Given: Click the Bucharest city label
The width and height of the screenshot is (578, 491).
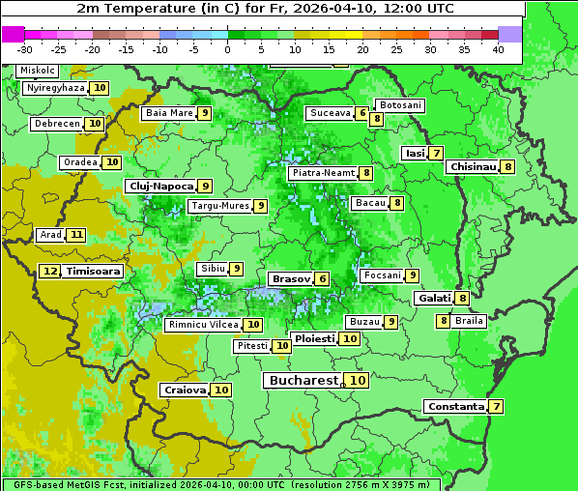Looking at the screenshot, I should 303,381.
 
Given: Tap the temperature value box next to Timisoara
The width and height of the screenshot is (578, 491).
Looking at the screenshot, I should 50,272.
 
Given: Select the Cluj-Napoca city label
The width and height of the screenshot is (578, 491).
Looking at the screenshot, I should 160,186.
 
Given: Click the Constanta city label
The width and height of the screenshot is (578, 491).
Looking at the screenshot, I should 455,407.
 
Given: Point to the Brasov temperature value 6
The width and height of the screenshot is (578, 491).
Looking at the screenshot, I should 322,278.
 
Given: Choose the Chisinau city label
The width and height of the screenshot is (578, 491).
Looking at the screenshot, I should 473,166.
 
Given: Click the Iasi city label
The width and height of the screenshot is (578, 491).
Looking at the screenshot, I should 415,153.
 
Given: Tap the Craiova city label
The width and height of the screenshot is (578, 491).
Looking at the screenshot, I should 185,390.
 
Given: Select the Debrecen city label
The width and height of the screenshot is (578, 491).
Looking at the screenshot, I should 56,124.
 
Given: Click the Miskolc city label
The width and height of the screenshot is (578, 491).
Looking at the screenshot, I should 38,71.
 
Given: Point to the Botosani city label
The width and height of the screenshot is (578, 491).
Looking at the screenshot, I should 400,104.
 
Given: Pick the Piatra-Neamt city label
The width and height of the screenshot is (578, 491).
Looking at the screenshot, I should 323,173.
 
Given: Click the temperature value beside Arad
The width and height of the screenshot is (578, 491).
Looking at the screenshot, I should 76,235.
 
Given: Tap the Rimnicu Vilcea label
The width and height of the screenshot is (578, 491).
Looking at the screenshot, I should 202,325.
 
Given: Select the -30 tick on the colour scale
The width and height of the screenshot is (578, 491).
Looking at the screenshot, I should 25,49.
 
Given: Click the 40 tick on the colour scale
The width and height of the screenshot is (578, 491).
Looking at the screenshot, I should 498,49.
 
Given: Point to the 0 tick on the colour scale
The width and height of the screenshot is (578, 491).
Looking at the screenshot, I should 227,49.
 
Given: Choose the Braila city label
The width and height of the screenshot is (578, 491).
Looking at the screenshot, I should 469,321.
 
